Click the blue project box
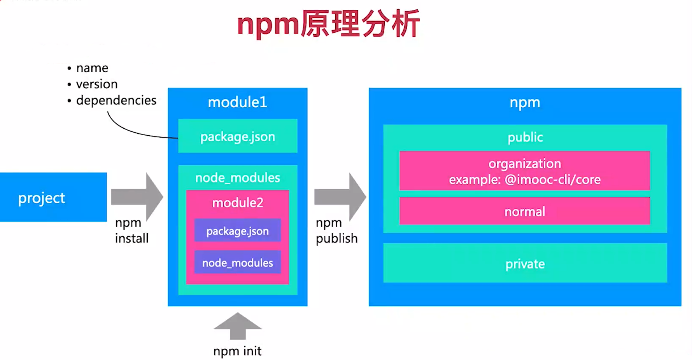click(x=53, y=197)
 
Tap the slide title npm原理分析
click(x=328, y=24)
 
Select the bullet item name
click(x=92, y=68)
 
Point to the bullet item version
click(x=96, y=84)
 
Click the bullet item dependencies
click(x=116, y=100)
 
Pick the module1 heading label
click(x=237, y=102)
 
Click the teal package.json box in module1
click(x=238, y=136)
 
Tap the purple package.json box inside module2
click(x=237, y=231)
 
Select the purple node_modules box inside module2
click(x=237, y=263)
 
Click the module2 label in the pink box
click(x=237, y=203)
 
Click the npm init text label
click(x=237, y=351)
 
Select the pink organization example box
click(x=524, y=171)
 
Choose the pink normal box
click(x=524, y=211)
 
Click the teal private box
click(x=525, y=263)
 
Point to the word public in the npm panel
click(x=525, y=137)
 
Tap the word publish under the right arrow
click(x=336, y=238)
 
